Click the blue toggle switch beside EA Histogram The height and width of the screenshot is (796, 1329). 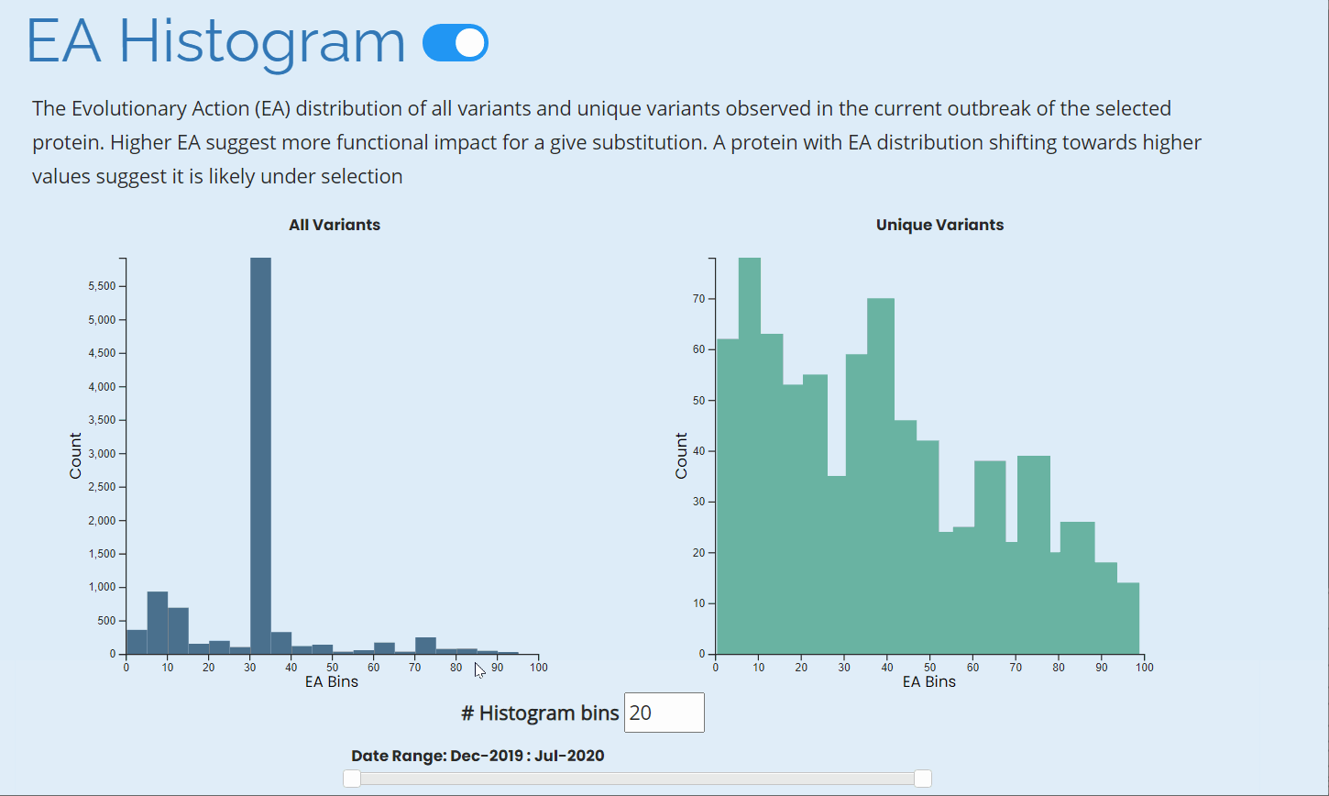pos(456,43)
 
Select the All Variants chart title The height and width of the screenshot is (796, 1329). pos(335,225)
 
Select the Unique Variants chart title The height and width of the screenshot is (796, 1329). pos(939,225)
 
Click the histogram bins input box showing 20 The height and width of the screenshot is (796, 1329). pos(664,713)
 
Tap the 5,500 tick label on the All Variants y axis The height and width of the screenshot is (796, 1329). pos(101,286)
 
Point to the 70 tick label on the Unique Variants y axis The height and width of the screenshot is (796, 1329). pos(699,299)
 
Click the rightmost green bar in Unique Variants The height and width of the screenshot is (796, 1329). pos(1128,618)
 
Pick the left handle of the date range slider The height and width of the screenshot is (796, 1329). pos(352,779)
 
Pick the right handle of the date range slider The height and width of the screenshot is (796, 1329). pos(923,779)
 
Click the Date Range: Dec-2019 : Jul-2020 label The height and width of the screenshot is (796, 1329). pos(478,756)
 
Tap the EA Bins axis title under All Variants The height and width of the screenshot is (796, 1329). pos(332,681)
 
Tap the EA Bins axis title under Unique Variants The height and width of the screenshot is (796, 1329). pos(929,681)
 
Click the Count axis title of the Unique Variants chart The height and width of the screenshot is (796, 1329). pos(681,456)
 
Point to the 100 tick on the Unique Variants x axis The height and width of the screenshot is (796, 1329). pos(1144,668)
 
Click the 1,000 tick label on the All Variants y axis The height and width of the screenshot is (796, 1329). pos(101,587)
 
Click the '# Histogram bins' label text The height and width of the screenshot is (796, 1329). pos(540,713)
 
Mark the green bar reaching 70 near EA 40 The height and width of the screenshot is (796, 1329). pos(881,476)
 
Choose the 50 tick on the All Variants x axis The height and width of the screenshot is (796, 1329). pos(333,668)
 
